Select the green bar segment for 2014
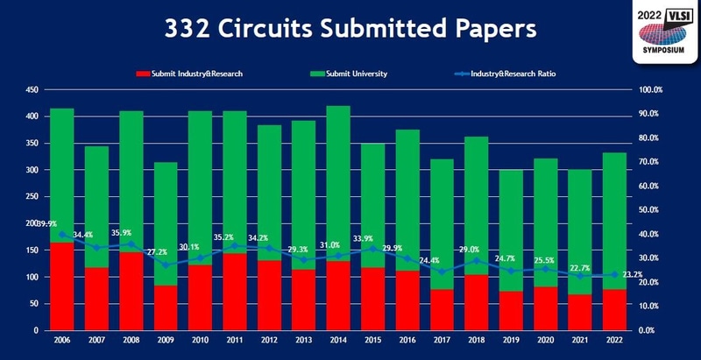click(337, 183)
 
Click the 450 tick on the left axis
click(31, 89)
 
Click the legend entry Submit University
click(355, 74)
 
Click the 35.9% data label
click(131, 233)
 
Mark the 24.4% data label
click(441, 260)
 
